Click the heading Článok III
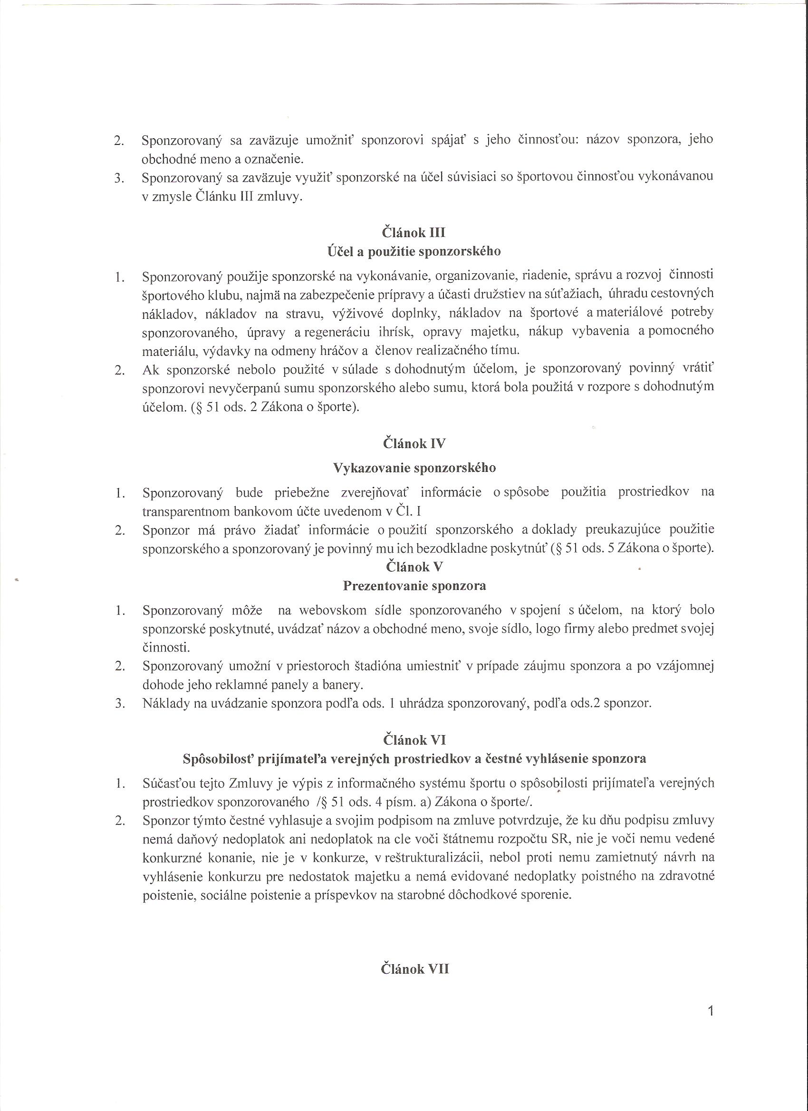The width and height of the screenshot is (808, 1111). [x=414, y=232]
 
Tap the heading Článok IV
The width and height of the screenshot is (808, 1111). [x=414, y=444]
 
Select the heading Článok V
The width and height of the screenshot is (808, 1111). [x=414, y=567]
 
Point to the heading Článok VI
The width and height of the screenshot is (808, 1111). [x=414, y=739]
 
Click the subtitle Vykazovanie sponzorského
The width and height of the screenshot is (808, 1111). [x=414, y=468]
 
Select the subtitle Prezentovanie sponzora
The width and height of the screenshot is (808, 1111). [x=414, y=586]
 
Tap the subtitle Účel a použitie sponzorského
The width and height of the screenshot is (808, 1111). [x=414, y=252]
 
